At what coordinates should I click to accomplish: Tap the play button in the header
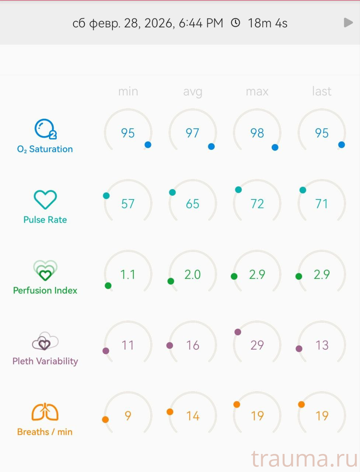coord(348,23)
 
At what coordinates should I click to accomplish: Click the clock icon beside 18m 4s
coord(235,23)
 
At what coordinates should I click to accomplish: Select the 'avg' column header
coord(192,91)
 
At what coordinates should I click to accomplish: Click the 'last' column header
coord(321,91)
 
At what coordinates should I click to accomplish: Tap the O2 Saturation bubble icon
coord(45,129)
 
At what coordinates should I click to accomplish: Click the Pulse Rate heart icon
coord(45,199)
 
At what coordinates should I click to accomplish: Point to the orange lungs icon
coord(45,412)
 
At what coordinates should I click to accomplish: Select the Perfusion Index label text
coord(45,291)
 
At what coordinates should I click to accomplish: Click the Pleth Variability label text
coord(45,361)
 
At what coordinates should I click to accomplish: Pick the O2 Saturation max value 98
coord(257,133)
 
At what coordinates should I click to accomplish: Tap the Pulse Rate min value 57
coord(128,204)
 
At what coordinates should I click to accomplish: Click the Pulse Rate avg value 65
coord(192,204)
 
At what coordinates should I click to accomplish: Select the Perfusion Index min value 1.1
coord(128,274)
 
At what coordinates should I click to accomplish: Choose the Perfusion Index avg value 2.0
coord(192,274)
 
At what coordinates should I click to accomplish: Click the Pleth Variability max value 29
coord(257,345)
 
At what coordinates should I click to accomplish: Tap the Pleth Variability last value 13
coord(321,345)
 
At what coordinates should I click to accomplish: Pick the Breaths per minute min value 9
coord(128,416)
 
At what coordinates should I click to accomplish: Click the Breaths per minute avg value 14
coord(192,416)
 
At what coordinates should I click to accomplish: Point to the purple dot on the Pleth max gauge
coord(238,332)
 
